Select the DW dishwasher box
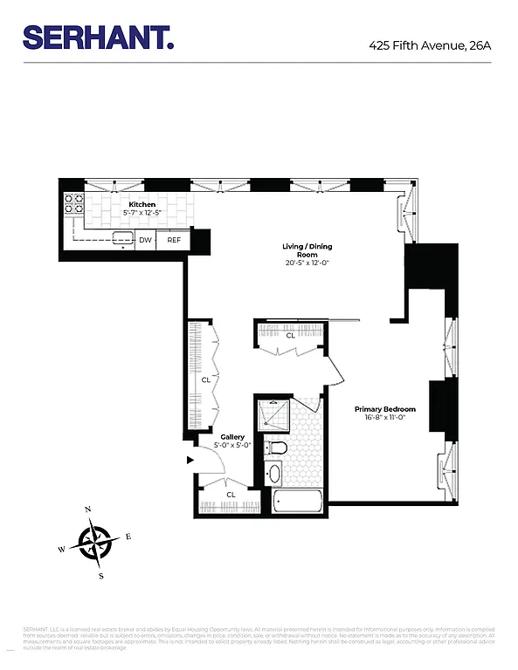145,240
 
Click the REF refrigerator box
174,240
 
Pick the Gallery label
231,436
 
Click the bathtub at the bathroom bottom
297,502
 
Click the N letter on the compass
87,509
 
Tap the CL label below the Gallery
231,495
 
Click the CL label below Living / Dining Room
290,335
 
